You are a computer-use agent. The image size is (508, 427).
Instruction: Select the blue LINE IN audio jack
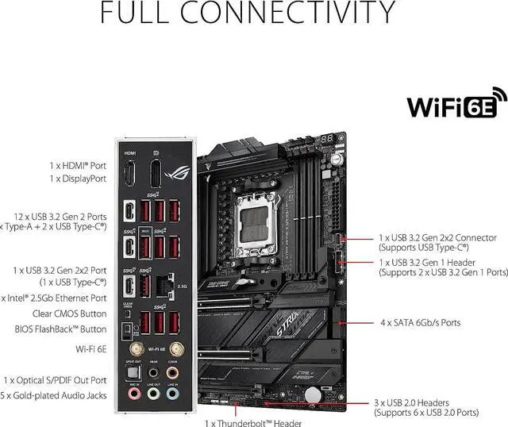[x=173, y=392]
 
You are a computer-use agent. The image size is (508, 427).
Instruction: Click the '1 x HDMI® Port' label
[x=78, y=166]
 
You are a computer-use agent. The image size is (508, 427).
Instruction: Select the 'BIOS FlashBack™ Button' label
[x=60, y=329]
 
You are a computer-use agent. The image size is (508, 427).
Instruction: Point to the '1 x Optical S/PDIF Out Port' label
[x=56, y=380]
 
